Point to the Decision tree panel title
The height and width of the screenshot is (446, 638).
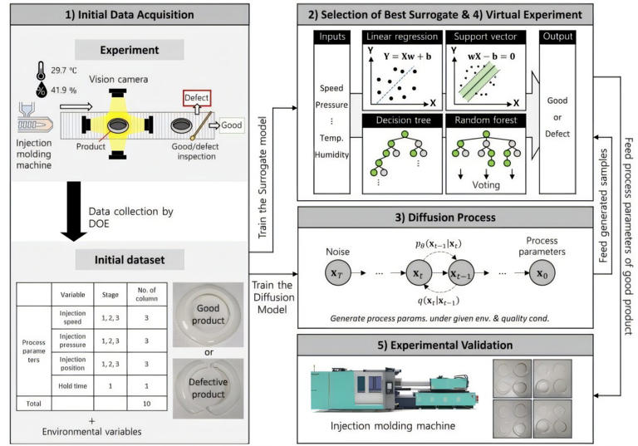click(x=401, y=120)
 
